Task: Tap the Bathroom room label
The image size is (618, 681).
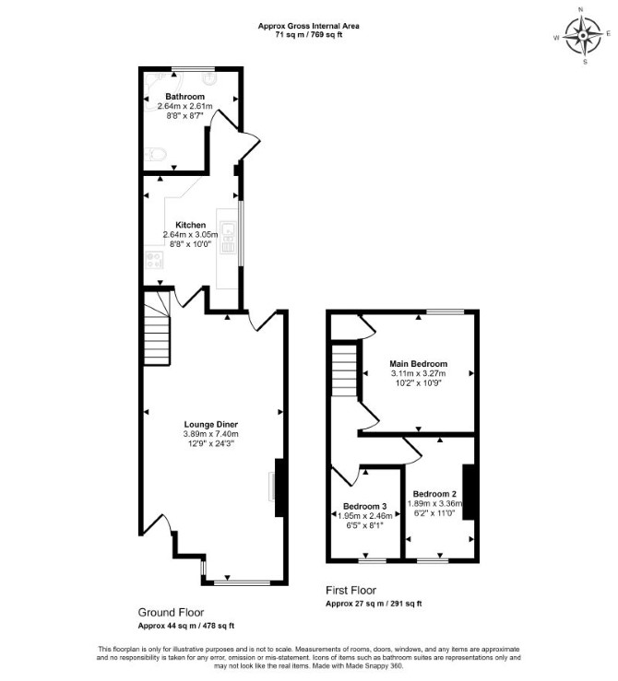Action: (x=184, y=97)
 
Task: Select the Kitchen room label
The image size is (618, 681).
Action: (x=190, y=225)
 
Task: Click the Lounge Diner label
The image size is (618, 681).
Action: (x=211, y=424)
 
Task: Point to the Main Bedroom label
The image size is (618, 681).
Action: (x=418, y=363)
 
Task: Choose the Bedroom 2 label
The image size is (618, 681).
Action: (x=434, y=494)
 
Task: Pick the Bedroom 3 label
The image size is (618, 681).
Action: (x=364, y=506)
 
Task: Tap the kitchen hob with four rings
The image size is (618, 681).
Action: (x=154, y=260)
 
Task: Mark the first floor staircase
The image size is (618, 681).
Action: (x=344, y=370)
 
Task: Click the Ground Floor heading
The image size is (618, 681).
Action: (x=171, y=613)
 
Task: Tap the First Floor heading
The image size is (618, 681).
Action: (x=351, y=590)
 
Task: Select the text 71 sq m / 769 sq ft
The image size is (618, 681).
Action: (x=309, y=35)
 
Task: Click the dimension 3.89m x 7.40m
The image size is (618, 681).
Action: (x=211, y=434)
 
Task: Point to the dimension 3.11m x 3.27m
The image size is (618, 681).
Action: (x=418, y=373)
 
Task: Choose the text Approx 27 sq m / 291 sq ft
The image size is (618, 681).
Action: (x=374, y=604)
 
